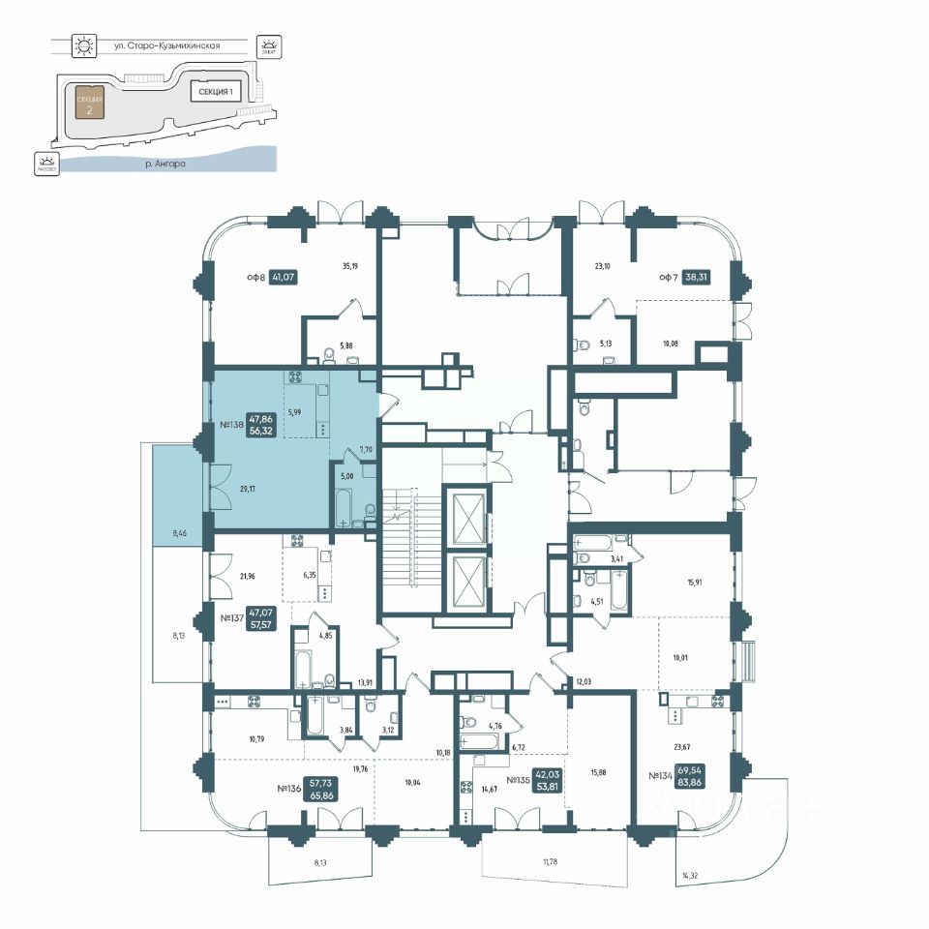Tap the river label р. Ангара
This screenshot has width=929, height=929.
click(165, 165)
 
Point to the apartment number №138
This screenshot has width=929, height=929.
click(229, 425)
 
